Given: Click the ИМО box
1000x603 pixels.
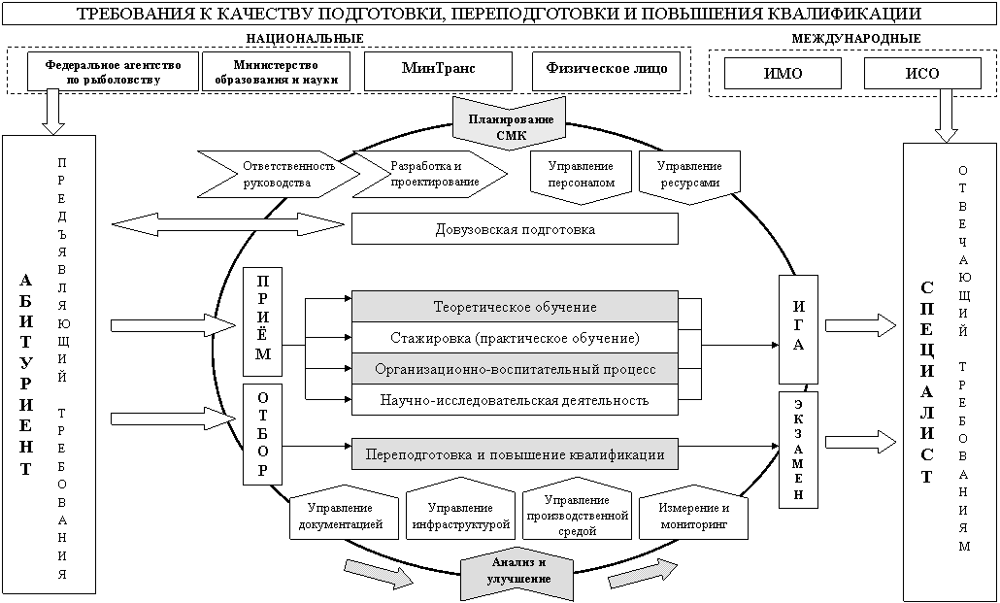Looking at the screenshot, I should tap(783, 74).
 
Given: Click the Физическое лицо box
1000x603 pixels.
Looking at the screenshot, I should tap(607, 71).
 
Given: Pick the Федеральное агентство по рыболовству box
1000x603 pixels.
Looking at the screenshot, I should tap(114, 71).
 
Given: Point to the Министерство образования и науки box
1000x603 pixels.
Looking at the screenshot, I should tap(277, 71).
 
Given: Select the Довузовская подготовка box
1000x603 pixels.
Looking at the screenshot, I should tap(515, 229).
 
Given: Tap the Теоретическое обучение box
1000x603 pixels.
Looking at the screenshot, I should tap(515, 307).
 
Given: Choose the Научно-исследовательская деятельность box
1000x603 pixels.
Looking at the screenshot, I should tap(515, 399).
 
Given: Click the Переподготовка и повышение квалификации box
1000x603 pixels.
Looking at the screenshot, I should tap(515, 453).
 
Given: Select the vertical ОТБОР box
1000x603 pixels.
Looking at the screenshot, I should tap(263, 434).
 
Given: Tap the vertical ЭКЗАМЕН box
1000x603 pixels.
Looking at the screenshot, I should tap(797, 448).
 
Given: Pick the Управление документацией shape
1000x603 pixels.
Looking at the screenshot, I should tap(345, 516).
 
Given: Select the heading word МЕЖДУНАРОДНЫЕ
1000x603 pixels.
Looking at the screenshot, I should tap(856, 37).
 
